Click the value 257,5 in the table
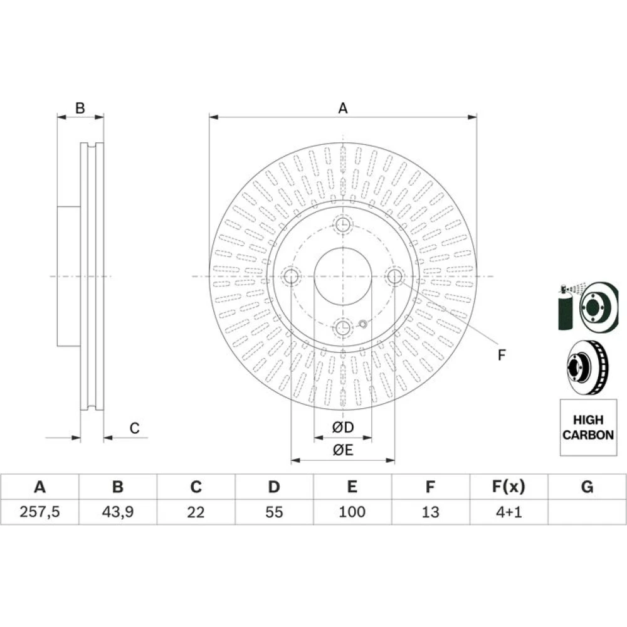(40, 512)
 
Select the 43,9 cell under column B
(118, 512)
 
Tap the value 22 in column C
(196, 512)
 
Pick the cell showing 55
(274, 512)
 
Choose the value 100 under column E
(352, 512)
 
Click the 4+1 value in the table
(508, 512)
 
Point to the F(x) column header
(508, 487)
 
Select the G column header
(587, 487)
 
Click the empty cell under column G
(587, 512)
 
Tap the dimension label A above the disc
(343, 108)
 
